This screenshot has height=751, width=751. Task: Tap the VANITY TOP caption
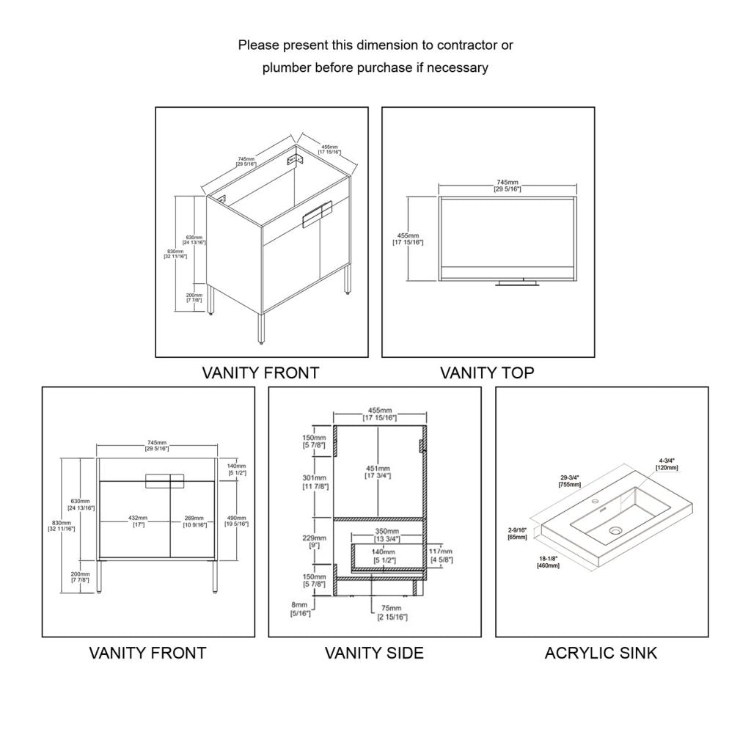click(x=487, y=373)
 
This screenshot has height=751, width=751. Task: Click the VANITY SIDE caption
click(x=374, y=652)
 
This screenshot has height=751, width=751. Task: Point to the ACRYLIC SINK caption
click(x=601, y=652)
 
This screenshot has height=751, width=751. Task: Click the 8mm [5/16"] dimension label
click(x=300, y=609)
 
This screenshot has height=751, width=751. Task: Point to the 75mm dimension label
click(x=390, y=612)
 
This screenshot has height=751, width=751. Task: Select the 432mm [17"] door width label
click(x=137, y=521)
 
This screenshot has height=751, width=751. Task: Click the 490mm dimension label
click(x=238, y=519)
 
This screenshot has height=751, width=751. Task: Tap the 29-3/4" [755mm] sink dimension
click(x=570, y=480)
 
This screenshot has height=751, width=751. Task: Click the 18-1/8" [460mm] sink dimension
click(x=548, y=562)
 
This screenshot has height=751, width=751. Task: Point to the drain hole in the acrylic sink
click(x=615, y=529)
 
